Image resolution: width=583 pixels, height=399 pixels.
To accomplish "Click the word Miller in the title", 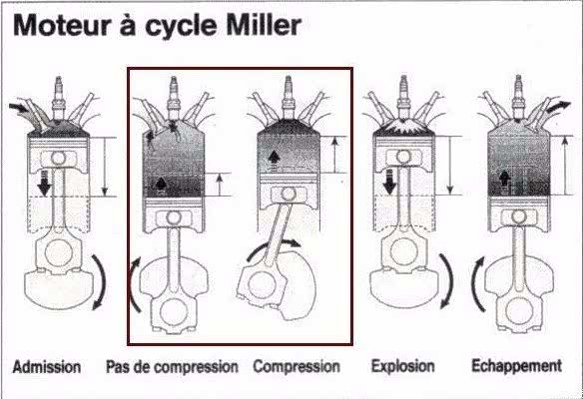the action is (264, 25).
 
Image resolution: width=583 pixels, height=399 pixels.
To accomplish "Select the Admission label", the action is (47, 367).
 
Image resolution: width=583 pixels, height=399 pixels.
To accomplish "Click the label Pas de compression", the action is (172, 367).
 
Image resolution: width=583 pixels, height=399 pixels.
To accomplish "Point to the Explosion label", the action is (403, 366).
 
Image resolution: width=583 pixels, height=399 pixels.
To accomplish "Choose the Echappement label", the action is (517, 366).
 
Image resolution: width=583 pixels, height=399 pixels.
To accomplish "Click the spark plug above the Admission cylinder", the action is (58, 98).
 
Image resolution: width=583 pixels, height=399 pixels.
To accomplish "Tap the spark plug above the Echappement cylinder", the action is (518, 97).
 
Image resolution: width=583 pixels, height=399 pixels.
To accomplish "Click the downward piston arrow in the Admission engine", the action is (44, 183).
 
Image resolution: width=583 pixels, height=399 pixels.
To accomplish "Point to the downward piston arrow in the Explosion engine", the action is (389, 182).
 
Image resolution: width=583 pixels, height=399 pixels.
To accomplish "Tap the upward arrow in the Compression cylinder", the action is (275, 159).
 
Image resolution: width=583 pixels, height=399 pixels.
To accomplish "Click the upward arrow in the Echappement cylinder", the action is (504, 180).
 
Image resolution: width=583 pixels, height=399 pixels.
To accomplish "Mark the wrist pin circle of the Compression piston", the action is (289, 194).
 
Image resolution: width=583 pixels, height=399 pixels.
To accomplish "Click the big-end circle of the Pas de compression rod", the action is (174, 311).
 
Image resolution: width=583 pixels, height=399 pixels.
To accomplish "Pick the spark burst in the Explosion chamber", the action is (403, 127).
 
